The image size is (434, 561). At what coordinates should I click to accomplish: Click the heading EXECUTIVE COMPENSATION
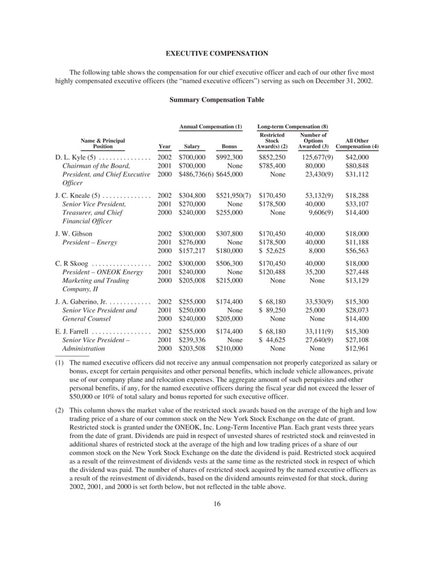click(x=217, y=53)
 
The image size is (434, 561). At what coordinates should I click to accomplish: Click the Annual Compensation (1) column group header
click(x=210, y=127)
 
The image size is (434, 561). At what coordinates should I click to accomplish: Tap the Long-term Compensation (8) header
click(x=293, y=127)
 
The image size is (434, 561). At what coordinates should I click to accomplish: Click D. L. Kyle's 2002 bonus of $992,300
click(x=229, y=157)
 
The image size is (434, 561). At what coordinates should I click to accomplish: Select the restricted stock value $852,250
click(x=272, y=157)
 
